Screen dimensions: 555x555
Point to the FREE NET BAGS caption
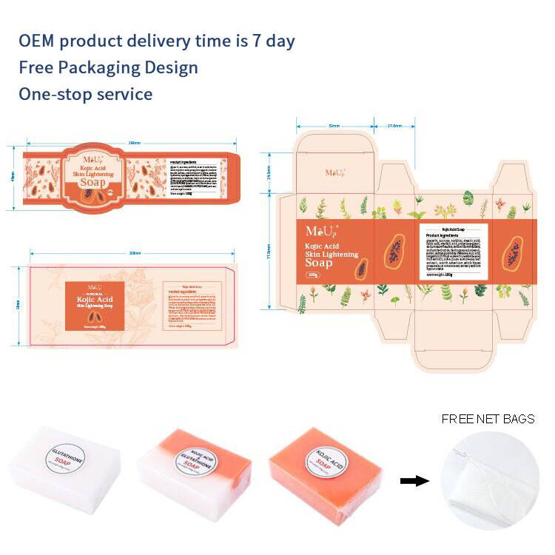488,419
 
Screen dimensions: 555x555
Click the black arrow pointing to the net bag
414,481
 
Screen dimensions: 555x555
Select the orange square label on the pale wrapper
95,305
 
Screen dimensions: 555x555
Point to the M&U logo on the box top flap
334,172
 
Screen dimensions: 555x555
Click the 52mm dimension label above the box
334,127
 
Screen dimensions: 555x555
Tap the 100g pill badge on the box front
313,276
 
